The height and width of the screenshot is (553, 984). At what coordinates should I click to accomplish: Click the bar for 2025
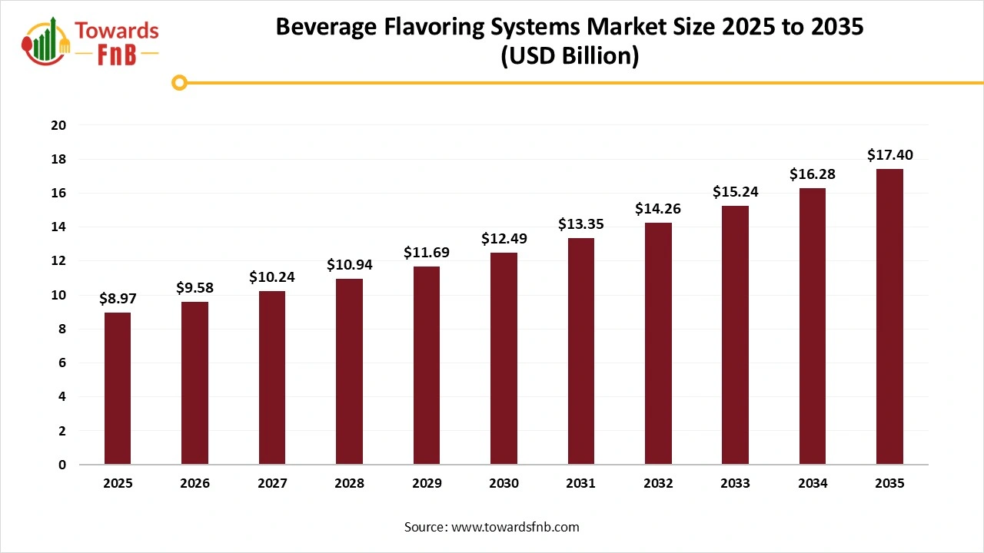click(x=118, y=389)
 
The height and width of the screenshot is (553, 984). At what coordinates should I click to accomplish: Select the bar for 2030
click(x=504, y=359)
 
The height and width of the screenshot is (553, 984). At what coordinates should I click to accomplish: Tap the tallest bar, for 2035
click(x=889, y=316)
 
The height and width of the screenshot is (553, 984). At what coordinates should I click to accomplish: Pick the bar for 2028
click(x=349, y=372)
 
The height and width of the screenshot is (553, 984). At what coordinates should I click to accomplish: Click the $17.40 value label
click(x=889, y=155)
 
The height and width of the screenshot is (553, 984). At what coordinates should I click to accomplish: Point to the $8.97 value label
click(x=118, y=299)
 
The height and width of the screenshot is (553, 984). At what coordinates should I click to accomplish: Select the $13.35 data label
click(x=580, y=224)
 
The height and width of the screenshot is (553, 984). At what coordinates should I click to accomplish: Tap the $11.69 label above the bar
click(x=427, y=253)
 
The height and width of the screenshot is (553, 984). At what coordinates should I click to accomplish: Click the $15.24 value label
click(x=735, y=192)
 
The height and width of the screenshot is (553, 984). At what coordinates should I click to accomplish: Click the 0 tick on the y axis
click(x=62, y=465)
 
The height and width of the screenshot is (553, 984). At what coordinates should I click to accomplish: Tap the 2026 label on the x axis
click(x=194, y=484)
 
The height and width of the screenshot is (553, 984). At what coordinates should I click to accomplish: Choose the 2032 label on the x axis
click(x=658, y=484)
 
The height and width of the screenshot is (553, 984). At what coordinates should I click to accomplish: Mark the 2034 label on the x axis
click(x=813, y=484)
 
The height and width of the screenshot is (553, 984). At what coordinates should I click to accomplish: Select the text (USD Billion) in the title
click(x=570, y=56)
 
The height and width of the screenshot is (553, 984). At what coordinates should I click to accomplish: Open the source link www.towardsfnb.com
click(x=515, y=527)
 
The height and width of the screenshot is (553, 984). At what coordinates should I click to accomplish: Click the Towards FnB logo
click(x=91, y=40)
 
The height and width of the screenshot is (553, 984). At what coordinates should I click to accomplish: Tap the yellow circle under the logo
click(x=179, y=82)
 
